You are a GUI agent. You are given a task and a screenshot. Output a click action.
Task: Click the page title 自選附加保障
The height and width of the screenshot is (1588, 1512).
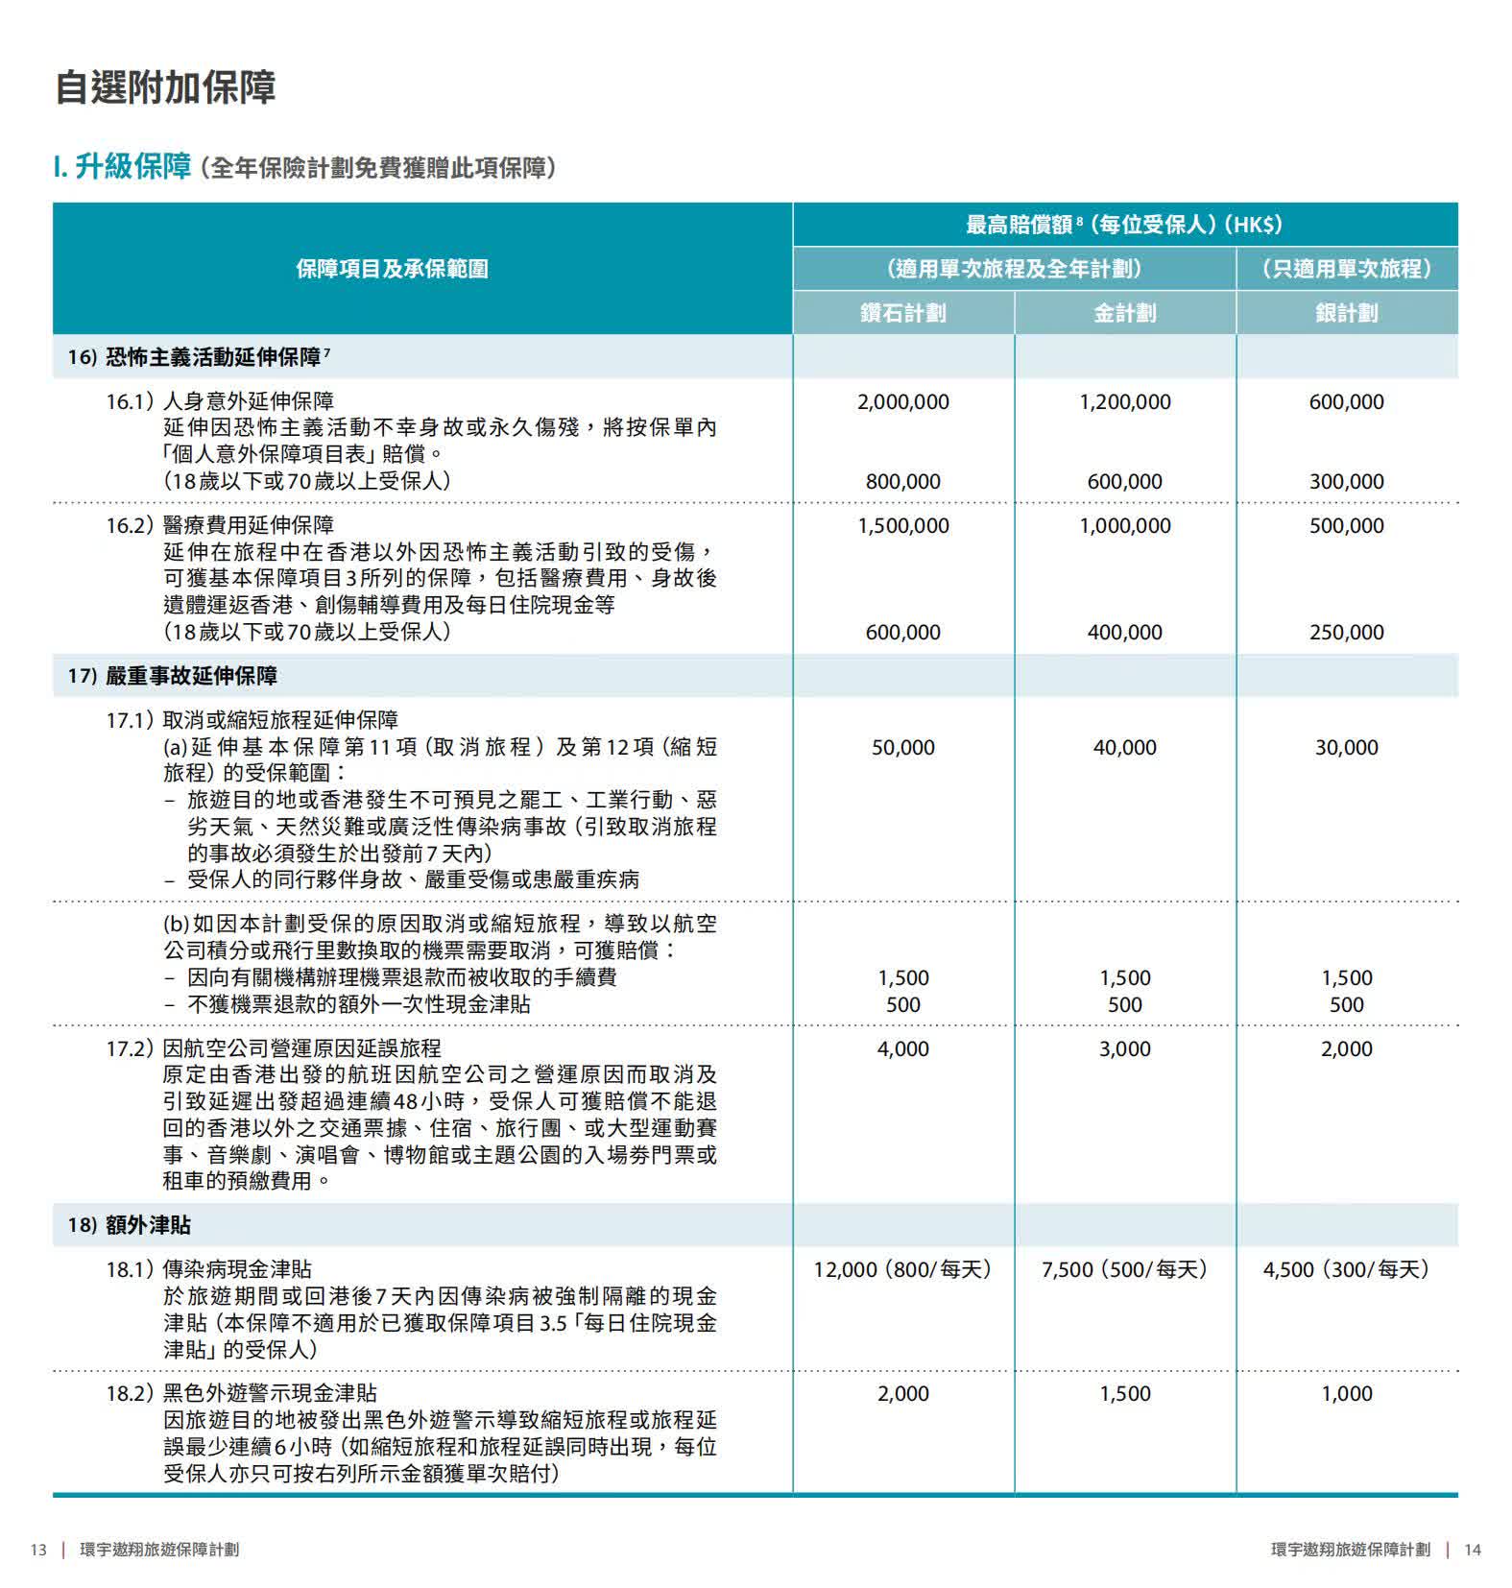(165, 87)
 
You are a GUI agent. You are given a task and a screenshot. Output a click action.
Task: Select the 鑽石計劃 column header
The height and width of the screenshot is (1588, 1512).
(902, 313)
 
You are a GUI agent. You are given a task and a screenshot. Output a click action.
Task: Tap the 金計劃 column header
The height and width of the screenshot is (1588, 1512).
(1124, 313)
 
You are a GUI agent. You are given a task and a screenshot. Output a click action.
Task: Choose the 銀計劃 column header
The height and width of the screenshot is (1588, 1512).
(1346, 313)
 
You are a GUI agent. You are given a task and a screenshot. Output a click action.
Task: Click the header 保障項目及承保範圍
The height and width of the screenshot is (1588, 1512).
(392, 269)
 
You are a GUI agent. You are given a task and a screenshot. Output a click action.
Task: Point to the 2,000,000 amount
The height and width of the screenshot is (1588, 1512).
(902, 402)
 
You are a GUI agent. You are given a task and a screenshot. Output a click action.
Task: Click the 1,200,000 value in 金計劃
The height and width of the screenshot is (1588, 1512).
(1124, 402)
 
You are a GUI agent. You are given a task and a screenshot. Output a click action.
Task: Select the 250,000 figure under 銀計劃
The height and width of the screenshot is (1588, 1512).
(1346, 633)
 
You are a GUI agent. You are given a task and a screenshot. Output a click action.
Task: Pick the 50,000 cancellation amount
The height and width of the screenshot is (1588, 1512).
(902, 748)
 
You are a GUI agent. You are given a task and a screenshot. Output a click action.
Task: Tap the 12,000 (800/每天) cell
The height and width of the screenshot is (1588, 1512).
(902, 1270)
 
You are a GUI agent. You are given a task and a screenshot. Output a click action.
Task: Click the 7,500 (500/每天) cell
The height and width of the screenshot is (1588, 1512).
(1124, 1270)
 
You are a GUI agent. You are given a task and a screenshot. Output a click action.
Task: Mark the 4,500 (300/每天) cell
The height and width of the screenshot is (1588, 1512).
(1346, 1270)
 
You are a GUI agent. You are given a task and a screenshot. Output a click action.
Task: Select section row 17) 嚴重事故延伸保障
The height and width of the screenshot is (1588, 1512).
(173, 676)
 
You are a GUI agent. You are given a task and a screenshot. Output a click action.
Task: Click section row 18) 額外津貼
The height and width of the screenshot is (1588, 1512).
(130, 1225)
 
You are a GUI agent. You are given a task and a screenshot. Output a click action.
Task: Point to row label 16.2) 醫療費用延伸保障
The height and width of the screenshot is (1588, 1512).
(220, 525)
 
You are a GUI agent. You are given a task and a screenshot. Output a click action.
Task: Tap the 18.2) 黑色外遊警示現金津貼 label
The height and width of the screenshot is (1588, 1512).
(241, 1393)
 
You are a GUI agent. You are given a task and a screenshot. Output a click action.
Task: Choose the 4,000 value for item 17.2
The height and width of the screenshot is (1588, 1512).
(902, 1049)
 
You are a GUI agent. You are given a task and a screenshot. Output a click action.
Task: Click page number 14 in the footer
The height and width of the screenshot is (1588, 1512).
(1473, 1550)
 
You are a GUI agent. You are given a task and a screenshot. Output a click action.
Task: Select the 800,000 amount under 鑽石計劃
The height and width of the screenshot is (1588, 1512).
(902, 482)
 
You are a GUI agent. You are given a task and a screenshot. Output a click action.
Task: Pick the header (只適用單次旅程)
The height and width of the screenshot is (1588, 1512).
(1346, 269)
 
